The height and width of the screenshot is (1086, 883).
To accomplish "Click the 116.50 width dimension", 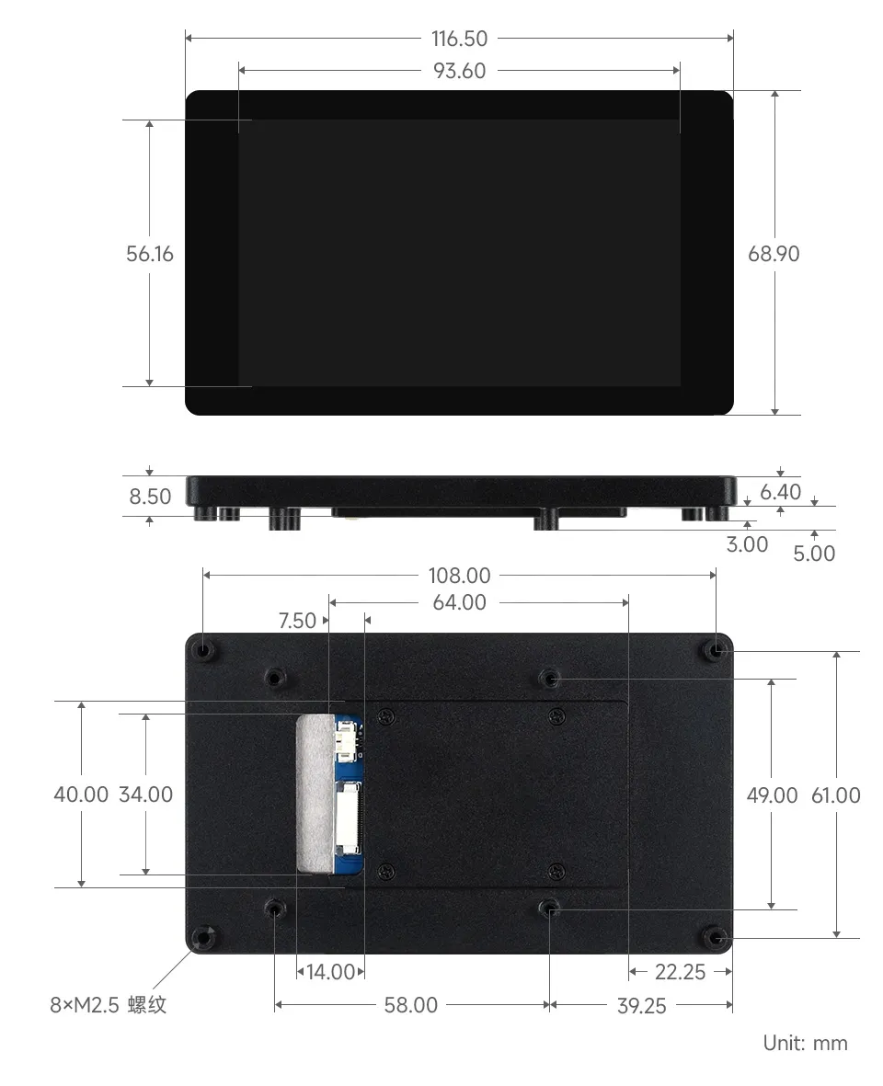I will (x=459, y=39).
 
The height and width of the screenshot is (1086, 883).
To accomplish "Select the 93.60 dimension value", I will (x=459, y=71).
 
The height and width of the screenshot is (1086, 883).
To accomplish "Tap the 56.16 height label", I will (x=150, y=254).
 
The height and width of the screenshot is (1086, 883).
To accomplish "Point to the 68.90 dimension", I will (x=774, y=254).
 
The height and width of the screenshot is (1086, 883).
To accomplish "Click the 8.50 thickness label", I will (x=150, y=497).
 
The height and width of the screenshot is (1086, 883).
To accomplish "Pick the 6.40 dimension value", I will (x=781, y=493).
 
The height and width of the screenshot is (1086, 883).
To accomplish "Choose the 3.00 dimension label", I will (x=747, y=544).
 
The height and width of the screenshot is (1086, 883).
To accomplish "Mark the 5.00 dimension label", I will (x=814, y=554).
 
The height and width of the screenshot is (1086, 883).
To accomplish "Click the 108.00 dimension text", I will (x=459, y=576).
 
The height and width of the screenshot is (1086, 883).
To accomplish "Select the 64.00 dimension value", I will (x=459, y=603).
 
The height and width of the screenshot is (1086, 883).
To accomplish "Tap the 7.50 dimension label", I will (x=297, y=622).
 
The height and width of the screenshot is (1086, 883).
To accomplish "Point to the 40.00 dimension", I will (x=81, y=794).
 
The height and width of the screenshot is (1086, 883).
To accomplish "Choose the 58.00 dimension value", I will (x=410, y=1005).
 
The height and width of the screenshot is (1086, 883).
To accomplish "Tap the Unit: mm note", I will (x=805, y=1043).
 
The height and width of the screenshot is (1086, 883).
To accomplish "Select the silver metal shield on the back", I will (x=313, y=791).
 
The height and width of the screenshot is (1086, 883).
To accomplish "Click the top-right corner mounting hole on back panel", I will (x=717, y=650).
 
